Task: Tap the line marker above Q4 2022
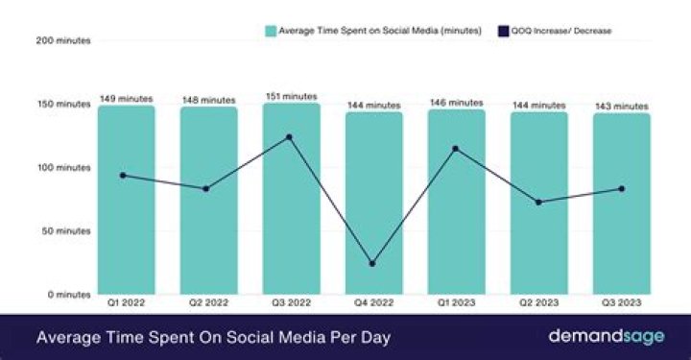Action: point(372,263)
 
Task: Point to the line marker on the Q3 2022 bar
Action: point(289,137)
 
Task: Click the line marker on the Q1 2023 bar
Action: point(455,149)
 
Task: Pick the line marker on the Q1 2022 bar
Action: point(123,175)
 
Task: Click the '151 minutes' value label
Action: point(291,96)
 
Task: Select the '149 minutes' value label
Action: point(126,99)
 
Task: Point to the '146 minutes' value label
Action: point(457,103)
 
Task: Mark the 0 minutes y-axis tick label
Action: point(70,295)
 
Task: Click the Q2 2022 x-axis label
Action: point(208,303)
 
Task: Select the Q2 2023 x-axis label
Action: point(538,303)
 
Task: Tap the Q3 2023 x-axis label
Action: point(621,303)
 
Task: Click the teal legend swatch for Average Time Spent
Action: point(271,31)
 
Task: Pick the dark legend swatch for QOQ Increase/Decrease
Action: point(503,31)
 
